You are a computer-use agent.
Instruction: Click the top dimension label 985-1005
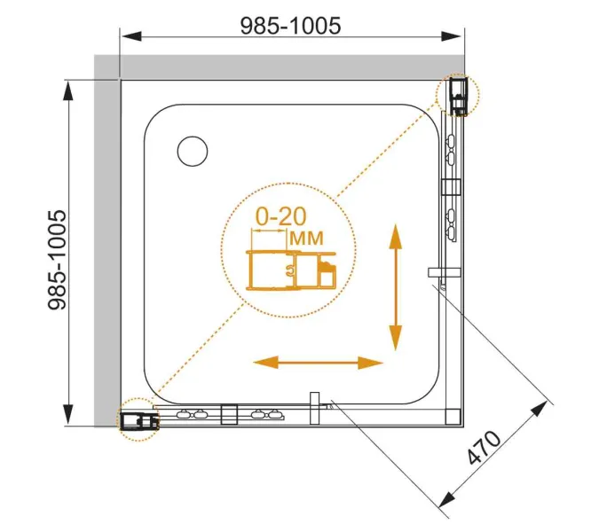(290, 26)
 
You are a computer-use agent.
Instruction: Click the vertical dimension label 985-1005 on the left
(57, 260)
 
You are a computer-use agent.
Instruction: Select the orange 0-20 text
(280, 216)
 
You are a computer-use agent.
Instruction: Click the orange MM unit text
(307, 239)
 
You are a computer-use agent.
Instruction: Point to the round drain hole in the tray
(193, 151)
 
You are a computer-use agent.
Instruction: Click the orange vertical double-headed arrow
(396, 287)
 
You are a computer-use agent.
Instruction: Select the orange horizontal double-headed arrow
(318, 362)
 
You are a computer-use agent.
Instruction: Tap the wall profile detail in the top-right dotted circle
(458, 96)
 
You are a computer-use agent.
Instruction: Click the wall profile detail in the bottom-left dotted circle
(139, 421)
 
